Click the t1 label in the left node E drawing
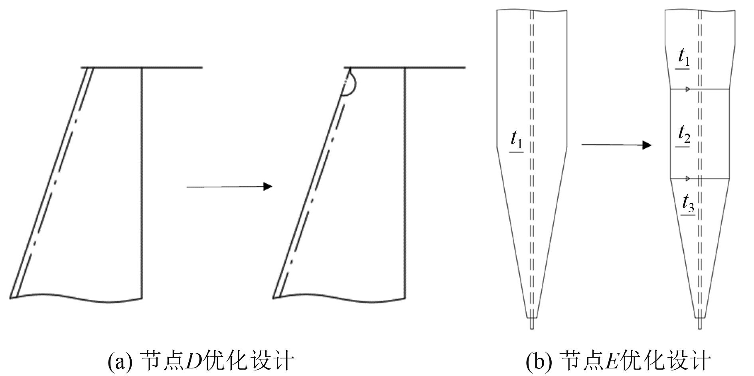click(517, 142)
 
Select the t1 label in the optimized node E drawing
click(684, 59)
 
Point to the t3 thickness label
click(688, 205)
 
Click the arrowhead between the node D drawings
click(268, 186)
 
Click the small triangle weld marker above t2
click(687, 89)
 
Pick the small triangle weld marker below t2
click(687, 178)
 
